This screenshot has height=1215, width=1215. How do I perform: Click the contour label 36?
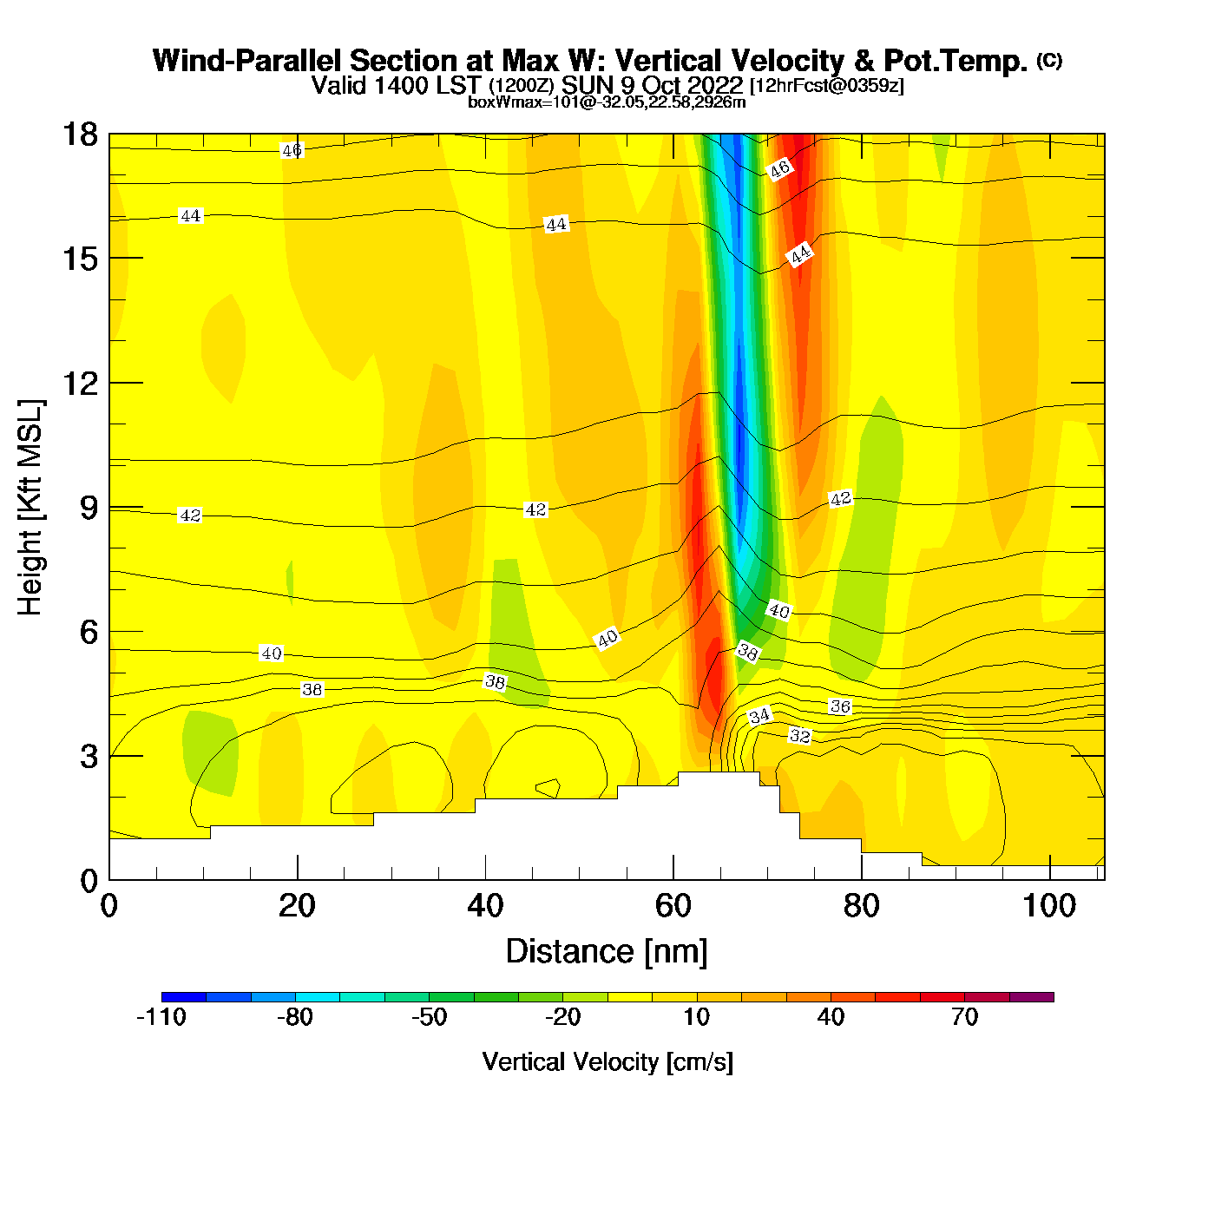[x=840, y=706]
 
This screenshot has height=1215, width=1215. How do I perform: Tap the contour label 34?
[x=759, y=716]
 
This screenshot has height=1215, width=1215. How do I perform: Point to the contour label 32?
[x=799, y=736]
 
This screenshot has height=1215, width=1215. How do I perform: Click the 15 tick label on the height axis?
[x=80, y=259]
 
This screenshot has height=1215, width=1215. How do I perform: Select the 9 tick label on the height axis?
[x=89, y=508]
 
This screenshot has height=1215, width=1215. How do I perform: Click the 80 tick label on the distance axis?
[x=861, y=906]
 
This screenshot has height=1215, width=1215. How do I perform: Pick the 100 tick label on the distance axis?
[x=1049, y=906]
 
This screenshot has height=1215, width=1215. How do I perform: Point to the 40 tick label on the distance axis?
[x=485, y=906]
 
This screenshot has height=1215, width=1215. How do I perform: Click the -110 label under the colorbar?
[x=161, y=1017]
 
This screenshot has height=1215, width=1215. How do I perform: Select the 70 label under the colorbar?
[x=964, y=1017]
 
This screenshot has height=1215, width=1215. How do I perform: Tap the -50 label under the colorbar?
[x=429, y=1017]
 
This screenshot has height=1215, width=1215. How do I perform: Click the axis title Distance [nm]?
[x=607, y=952]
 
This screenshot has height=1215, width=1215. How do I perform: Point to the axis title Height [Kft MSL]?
[x=30, y=508]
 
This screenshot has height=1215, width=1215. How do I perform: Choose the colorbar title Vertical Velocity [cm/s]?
[x=607, y=1061]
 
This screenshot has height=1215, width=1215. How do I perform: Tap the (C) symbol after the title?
[x=1049, y=60]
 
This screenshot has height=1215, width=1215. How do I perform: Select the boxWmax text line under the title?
[x=607, y=102]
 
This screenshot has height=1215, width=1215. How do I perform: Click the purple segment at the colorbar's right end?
[x=1032, y=997]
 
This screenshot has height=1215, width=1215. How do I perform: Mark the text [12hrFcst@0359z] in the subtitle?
[x=826, y=86]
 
